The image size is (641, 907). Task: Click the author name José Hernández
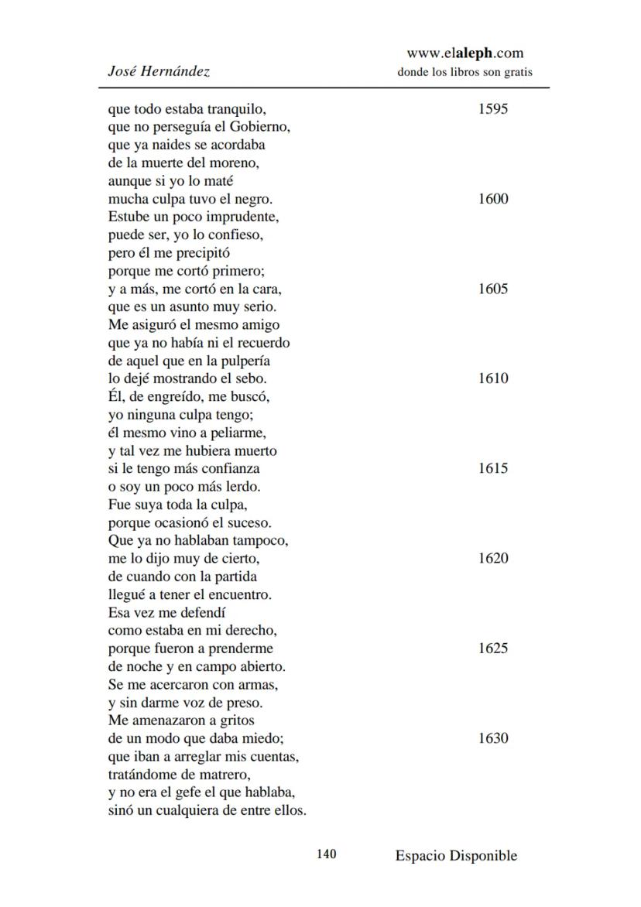(x=159, y=71)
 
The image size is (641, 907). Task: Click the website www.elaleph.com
(x=464, y=53)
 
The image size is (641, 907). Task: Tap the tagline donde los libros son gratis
(x=464, y=72)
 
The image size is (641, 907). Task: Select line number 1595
(x=493, y=108)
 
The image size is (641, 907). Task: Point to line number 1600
(x=493, y=199)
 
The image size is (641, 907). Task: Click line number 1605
(x=493, y=289)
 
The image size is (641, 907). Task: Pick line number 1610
(x=493, y=378)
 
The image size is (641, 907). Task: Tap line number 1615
(x=493, y=468)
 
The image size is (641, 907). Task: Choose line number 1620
(x=493, y=558)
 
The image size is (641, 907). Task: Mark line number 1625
(x=493, y=649)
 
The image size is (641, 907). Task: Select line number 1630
(x=493, y=738)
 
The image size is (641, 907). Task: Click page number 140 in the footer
(x=326, y=854)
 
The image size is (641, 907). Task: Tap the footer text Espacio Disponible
(x=456, y=855)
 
